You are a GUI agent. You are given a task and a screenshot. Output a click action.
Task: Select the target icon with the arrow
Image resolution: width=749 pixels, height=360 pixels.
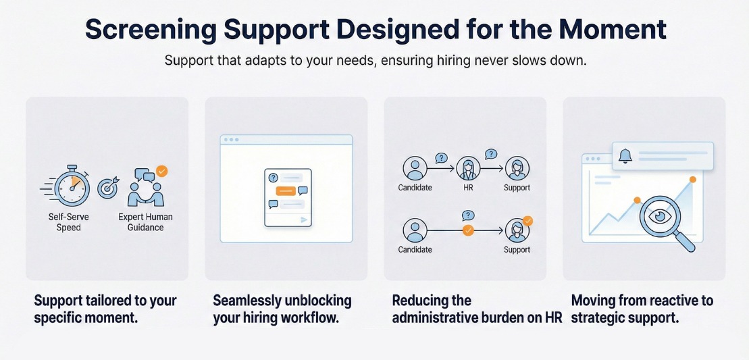[x=107, y=188]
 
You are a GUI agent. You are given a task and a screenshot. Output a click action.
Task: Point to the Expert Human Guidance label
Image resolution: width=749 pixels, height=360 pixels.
[x=145, y=222]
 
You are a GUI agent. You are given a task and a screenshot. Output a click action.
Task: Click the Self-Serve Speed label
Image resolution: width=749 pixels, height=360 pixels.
[x=69, y=222]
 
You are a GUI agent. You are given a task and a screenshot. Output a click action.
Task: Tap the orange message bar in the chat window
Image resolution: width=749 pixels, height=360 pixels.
[x=286, y=191]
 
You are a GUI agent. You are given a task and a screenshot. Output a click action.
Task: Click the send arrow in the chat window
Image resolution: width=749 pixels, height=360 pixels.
[x=304, y=220]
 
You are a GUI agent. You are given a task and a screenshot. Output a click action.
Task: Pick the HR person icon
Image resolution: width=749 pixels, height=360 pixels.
[x=467, y=168]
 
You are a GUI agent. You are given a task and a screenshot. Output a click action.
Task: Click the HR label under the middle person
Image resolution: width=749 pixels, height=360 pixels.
[x=467, y=187]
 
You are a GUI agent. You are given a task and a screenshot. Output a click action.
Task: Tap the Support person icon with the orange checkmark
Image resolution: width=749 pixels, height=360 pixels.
[x=517, y=230]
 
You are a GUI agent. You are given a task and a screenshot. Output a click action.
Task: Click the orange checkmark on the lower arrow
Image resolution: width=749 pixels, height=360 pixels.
[x=467, y=230]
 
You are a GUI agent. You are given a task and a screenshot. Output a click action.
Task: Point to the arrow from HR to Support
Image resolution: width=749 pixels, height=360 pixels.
[x=492, y=168]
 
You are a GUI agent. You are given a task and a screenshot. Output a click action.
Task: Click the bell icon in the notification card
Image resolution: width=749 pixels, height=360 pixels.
[x=625, y=156]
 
